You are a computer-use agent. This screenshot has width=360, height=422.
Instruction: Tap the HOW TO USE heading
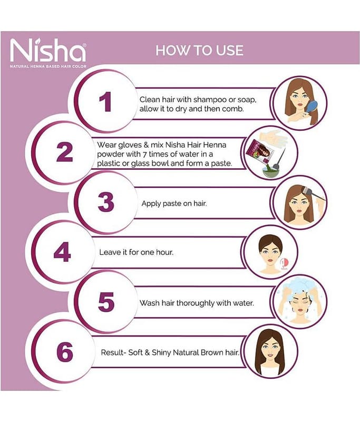tap(199, 51)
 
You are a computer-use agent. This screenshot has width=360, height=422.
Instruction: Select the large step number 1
tap(105, 101)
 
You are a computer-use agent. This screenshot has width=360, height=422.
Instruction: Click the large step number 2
tap(64, 152)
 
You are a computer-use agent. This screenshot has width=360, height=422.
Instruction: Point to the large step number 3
tap(106, 202)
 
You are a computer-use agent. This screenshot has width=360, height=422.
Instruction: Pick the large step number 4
tap(62, 252)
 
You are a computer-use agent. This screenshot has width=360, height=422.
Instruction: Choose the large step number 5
tap(106, 302)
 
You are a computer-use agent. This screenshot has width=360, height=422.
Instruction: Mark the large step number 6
tap(65, 352)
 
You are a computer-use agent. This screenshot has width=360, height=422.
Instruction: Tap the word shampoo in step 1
tap(210, 100)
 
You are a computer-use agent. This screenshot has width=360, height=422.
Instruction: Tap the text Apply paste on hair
tap(174, 203)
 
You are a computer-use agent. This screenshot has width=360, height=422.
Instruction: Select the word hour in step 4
tap(164, 252)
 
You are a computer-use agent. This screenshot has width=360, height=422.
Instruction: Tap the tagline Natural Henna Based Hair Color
tap(48, 66)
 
